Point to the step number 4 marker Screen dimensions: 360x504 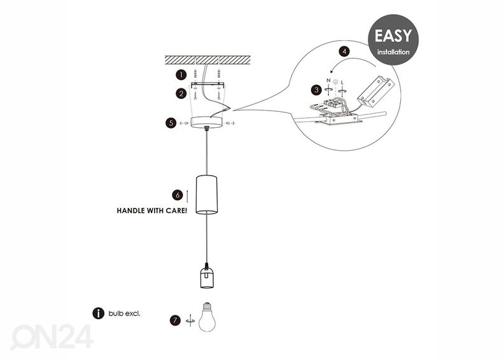pos(344,51)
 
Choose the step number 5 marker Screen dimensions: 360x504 pos(171,121)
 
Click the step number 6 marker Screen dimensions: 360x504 pos(178,194)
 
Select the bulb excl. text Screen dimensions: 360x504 pos(124,314)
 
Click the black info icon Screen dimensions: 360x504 pos(98,313)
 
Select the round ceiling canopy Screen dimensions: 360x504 pos(207,121)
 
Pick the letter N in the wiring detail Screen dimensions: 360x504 pos(328,81)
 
